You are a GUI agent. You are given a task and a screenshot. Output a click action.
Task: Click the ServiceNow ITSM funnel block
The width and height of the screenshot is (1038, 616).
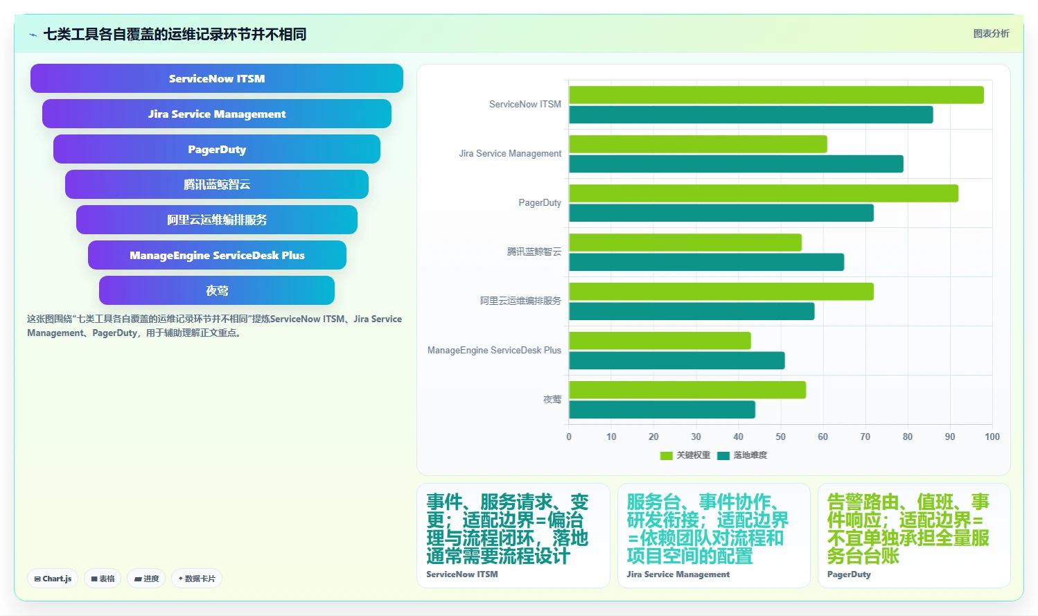pyautogui.click(x=217, y=78)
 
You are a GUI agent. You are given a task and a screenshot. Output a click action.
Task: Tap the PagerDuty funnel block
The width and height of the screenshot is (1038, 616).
pyautogui.click(x=217, y=149)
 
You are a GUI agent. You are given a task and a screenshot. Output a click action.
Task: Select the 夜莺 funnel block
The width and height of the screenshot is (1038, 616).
pyautogui.click(x=217, y=290)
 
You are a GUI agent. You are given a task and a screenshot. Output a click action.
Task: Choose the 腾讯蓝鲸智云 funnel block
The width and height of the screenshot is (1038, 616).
pyautogui.click(x=217, y=184)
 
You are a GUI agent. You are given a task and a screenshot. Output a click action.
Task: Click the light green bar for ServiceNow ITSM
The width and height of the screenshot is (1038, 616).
pyautogui.click(x=776, y=95)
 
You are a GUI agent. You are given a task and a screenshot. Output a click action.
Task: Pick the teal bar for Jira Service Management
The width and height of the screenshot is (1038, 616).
pyautogui.click(x=736, y=164)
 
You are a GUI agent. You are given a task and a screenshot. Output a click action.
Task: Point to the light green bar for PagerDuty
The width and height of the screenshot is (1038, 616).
pyautogui.click(x=764, y=193)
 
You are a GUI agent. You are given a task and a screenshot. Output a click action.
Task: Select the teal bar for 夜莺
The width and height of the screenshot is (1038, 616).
pyautogui.click(x=662, y=410)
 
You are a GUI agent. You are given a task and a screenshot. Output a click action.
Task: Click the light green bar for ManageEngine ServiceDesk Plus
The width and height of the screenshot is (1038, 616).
pyautogui.click(x=660, y=341)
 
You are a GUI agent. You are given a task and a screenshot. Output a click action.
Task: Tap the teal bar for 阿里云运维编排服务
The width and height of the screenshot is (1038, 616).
pyautogui.click(x=692, y=312)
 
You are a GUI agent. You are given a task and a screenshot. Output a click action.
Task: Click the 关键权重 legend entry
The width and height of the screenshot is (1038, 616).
pyautogui.click(x=685, y=456)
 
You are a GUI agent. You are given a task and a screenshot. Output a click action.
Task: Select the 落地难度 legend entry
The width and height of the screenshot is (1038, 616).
pyautogui.click(x=742, y=456)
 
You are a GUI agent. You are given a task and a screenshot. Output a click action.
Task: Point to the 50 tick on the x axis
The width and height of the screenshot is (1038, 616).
pyautogui.click(x=780, y=437)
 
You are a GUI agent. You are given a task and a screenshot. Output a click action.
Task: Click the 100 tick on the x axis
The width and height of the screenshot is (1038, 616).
pyautogui.click(x=992, y=437)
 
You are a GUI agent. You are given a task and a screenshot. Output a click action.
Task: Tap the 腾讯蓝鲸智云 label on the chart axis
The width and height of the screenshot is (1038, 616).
pyautogui.click(x=534, y=252)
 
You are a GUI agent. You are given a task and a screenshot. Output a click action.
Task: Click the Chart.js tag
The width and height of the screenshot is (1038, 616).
pyautogui.click(x=53, y=579)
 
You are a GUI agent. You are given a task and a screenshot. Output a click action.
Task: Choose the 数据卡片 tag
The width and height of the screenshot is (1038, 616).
pyautogui.click(x=197, y=579)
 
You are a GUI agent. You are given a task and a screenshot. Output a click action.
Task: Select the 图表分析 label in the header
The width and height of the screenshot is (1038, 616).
pyautogui.click(x=991, y=34)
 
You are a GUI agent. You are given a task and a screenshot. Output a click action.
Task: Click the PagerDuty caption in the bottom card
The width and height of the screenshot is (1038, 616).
pyautogui.click(x=849, y=574)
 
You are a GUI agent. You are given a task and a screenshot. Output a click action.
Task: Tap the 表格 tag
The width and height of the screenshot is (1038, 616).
pyautogui.click(x=103, y=579)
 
